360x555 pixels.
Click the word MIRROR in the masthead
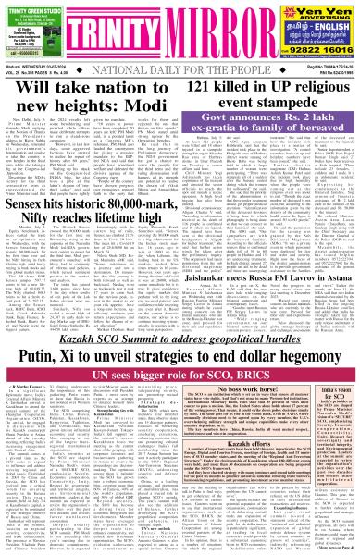coord(210,22)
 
